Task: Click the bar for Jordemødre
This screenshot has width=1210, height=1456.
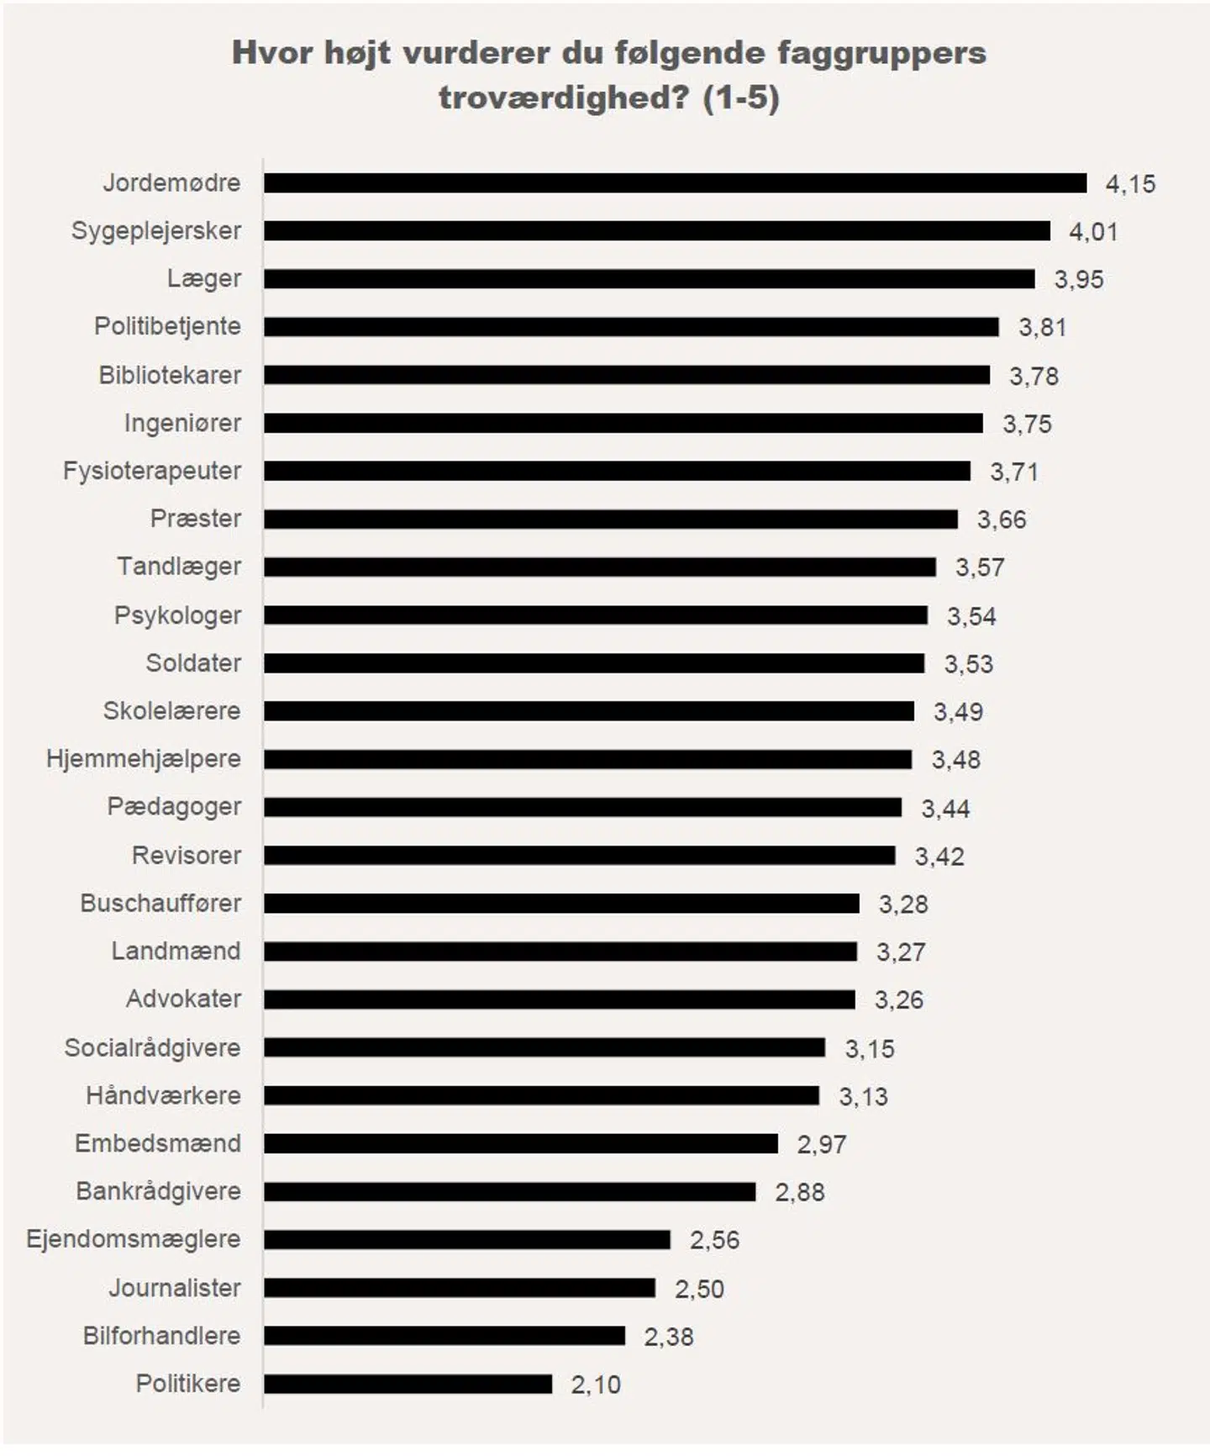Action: click(x=675, y=183)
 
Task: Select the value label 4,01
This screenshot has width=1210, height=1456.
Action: click(x=1093, y=232)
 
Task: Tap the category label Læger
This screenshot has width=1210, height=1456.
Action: click(x=204, y=278)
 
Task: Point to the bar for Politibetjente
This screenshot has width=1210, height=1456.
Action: click(x=631, y=327)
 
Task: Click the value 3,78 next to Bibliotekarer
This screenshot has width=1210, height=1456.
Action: click(x=1034, y=376)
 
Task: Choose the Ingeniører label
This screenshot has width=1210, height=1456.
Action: click(x=182, y=423)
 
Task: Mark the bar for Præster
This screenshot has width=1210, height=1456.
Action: click(x=611, y=520)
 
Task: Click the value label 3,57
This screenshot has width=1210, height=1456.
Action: click(x=980, y=567)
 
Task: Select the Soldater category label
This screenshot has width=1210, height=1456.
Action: click(x=193, y=663)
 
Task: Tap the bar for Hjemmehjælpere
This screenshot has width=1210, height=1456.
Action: click(x=587, y=760)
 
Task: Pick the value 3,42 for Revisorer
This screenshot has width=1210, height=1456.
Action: click(x=939, y=857)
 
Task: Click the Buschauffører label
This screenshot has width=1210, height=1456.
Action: click(x=160, y=904)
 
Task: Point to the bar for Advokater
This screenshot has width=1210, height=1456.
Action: click(x=560, y=1000)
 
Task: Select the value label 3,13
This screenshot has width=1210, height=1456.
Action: click(x=863, y=1096)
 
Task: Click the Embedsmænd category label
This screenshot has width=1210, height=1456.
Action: click(x=158, y=1144)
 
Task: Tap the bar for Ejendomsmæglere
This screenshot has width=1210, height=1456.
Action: click(x=467, y=1240)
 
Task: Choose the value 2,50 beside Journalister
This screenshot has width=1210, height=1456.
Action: click(x=699, y=1289)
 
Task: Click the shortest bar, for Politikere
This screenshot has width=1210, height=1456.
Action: click(x=408, y=1384)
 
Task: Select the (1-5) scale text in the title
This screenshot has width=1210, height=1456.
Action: click(x=740, y=98)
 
